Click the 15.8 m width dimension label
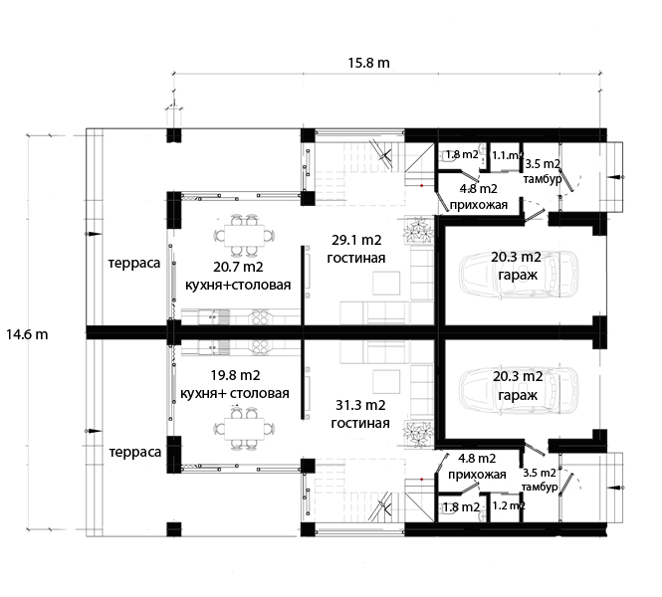tap(368, 63)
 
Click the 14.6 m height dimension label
tap(27, 334)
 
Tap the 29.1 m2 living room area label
tap(356, 240)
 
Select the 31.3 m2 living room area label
tap(360, 405)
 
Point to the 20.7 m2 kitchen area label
tap(238, 267)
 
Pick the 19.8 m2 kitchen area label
tap(235, 375)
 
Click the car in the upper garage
tap(519, 275)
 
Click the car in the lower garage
tap(519, 390)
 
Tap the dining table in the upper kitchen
tap(245, 236)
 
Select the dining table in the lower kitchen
tap(245, 429)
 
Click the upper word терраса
tap(134, 264)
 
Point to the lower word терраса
tap(135, 453)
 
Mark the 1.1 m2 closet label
tap(508, 155)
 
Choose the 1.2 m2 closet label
tap(509, 505)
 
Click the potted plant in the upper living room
tap(418, 231)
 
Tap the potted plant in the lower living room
tap(418, 434)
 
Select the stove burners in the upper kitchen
tap(260, 317)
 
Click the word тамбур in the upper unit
tap(543, 179)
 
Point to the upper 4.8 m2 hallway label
tap(479, 188)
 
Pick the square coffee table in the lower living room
tap(386, 382)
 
